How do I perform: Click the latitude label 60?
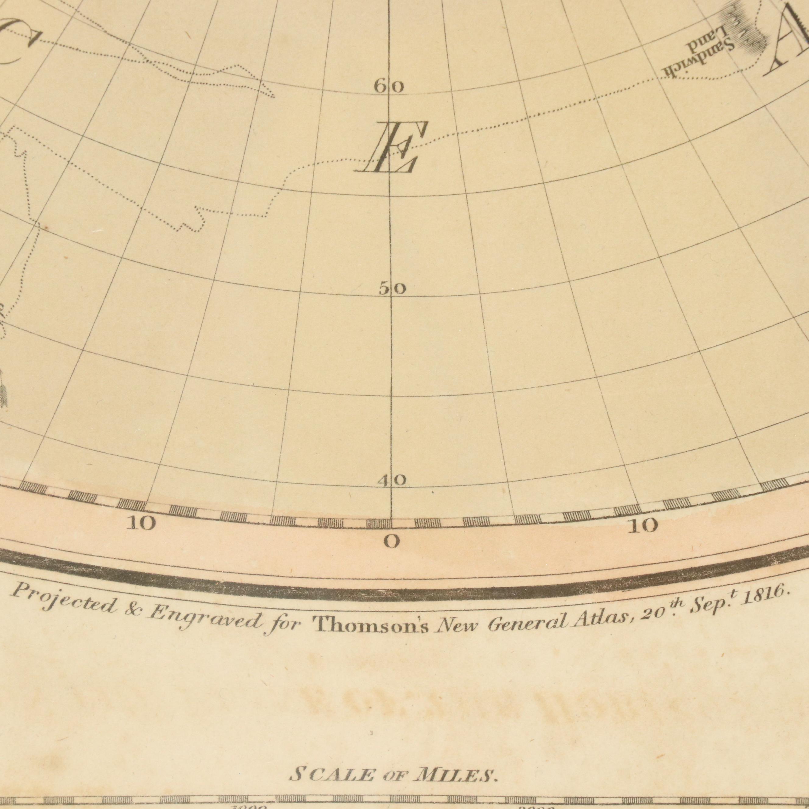click(389, 87)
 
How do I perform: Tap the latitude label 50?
click(392, 289)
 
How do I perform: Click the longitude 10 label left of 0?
click(142, 523)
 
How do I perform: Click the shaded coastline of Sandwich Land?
click(743, 31)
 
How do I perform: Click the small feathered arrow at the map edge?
click(3, 390)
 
